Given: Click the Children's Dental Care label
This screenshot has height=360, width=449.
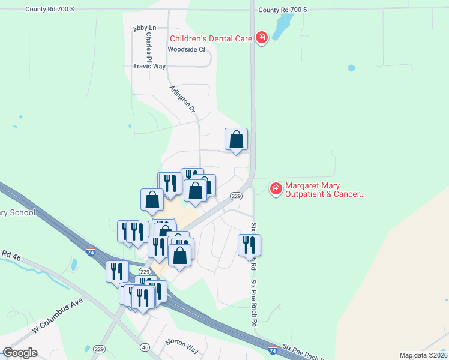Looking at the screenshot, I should (210, 38).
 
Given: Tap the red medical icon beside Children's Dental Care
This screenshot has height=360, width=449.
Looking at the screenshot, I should (261, 38).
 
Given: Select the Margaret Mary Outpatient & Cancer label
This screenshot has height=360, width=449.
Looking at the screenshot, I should (324, 190).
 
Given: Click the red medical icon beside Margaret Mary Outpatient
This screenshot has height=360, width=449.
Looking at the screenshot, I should (276, 189).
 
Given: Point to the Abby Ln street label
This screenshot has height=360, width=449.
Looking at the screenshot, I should (144, 29).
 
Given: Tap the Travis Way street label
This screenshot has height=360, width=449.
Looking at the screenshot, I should (149, 67).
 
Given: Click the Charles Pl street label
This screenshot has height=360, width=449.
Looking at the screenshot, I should (148, 44).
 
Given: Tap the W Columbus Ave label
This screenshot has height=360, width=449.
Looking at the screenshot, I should (57, 316).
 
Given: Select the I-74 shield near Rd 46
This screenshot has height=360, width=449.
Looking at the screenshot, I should (90, 253).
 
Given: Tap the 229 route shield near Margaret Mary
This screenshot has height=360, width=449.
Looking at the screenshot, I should (236, 196).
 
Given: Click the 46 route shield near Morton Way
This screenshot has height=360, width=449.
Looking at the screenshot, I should (145, 347).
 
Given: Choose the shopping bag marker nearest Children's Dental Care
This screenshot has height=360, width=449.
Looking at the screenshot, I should (237, 139).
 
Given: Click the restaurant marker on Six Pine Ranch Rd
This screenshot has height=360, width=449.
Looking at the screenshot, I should (249, 245).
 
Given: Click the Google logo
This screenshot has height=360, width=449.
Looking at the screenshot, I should (20, 353).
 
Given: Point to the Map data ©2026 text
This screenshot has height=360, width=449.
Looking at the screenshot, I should (423, 355).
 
